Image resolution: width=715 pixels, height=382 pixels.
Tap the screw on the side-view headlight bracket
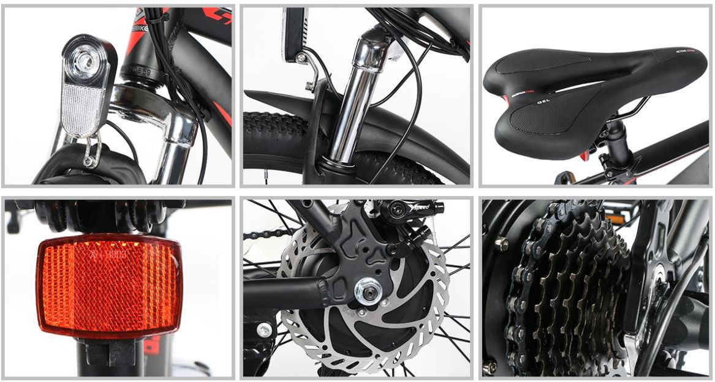pyautogui.click(x=301, y=58)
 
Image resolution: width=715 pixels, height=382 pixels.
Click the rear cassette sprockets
pyautogui.click(x=570, y=288)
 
